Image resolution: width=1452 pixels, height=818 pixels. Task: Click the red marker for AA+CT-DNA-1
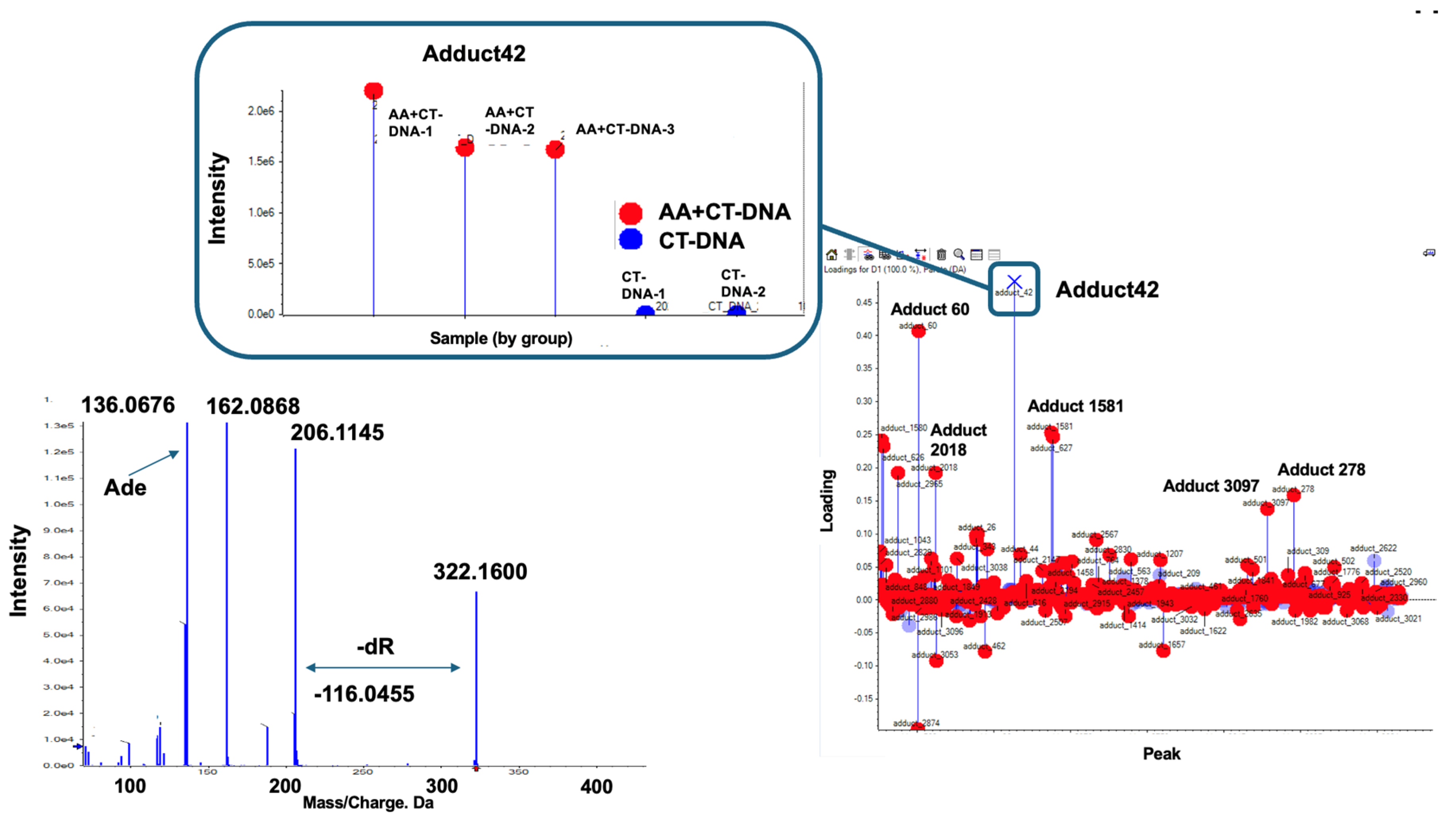(373, 91)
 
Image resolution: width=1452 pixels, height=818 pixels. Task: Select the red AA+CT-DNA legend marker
(630, 213)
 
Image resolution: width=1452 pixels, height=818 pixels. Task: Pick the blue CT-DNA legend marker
(630, 239)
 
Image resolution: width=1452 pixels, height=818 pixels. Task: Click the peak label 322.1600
(480, 572)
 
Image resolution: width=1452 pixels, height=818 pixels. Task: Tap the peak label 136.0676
(128, 405)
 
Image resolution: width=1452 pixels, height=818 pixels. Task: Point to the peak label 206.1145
(337, 433)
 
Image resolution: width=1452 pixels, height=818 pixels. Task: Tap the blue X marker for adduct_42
(1014, 281)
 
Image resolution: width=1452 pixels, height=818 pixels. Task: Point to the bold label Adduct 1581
(1075, 406)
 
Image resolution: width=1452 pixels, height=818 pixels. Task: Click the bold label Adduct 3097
(1211, 486)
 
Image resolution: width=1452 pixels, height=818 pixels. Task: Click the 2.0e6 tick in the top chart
(261, 111)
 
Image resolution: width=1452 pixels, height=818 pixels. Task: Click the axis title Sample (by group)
(501, 339)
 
